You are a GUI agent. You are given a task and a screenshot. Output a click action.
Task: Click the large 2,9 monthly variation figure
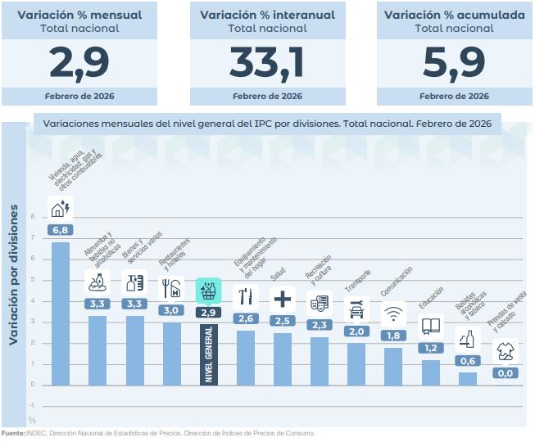79,61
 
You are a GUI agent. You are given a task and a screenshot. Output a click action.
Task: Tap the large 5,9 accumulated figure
454,61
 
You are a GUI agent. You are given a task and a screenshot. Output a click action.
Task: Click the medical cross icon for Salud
281,298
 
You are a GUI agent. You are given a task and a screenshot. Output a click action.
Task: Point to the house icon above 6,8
61,208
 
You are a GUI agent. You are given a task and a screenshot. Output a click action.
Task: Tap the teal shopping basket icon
208,290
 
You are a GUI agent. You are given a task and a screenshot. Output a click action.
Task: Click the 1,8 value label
393,335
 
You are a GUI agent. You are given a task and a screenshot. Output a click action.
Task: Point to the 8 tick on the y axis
34,218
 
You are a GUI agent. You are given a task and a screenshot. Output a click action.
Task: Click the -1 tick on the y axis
32,405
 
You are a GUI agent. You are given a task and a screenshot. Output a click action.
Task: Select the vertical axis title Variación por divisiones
14,274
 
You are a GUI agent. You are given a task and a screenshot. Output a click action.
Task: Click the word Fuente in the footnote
13,433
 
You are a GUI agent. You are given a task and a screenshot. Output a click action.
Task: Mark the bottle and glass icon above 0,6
467,338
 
